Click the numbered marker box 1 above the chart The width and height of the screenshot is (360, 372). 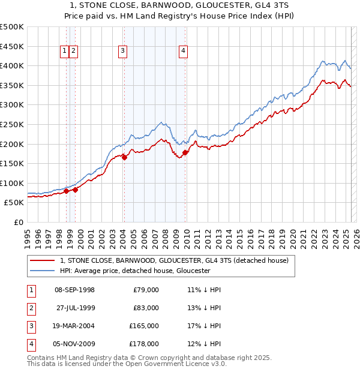(64, 52)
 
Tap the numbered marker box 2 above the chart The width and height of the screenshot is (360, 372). (73, 52)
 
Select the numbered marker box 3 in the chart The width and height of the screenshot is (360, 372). (122, 52)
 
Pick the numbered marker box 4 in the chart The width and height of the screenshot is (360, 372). (182, 52)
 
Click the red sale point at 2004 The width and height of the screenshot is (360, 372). (124, 157)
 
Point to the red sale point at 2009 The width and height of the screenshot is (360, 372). (185, 152)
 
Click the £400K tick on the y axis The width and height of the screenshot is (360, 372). (11, 65)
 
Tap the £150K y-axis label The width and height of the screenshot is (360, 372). (11, 163)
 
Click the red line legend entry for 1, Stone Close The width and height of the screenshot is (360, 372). (175, 260)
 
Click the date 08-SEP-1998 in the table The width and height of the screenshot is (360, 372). (74, 290)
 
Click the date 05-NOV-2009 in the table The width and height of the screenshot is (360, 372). (74, 344)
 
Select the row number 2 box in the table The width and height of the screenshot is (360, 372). (31, 308)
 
